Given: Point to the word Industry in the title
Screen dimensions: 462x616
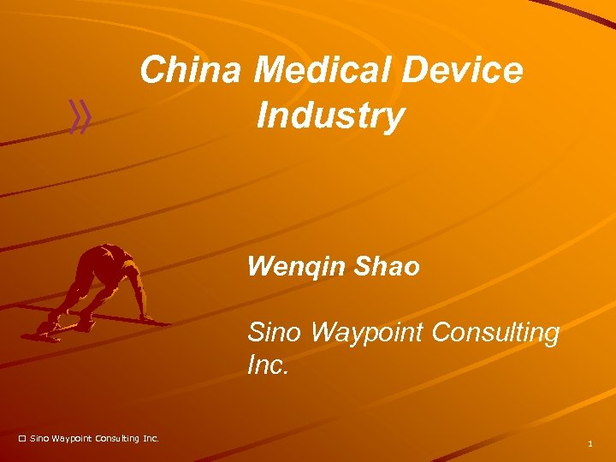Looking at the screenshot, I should (x=330, y=115).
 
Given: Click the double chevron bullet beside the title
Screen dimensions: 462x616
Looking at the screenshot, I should (x=80, y=117).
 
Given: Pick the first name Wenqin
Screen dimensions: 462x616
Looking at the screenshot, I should (x=294, y=268).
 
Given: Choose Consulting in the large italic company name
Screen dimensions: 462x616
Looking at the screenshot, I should (x=495, y=333).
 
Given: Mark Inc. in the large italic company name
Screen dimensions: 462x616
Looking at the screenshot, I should (x=269, y=366).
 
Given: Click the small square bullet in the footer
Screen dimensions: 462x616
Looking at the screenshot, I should (x=22, y=439).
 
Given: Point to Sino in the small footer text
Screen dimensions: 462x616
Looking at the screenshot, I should (x=39, y=439).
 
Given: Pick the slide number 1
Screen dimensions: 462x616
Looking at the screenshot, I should (x=590, y=443).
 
